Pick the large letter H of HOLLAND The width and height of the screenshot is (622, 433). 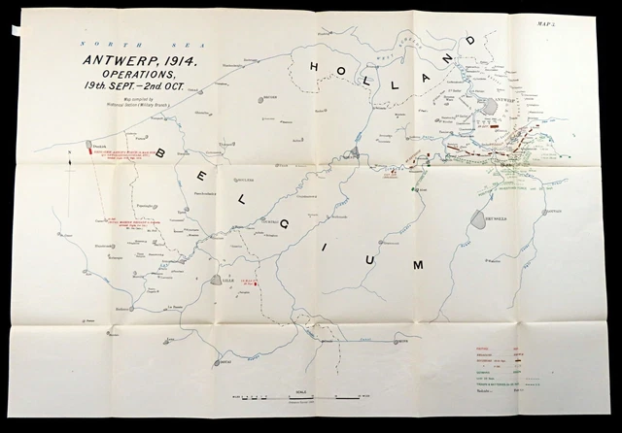point(316,65)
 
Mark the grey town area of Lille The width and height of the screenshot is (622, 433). point(215,281)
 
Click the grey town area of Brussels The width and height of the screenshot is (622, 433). point(481,219)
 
